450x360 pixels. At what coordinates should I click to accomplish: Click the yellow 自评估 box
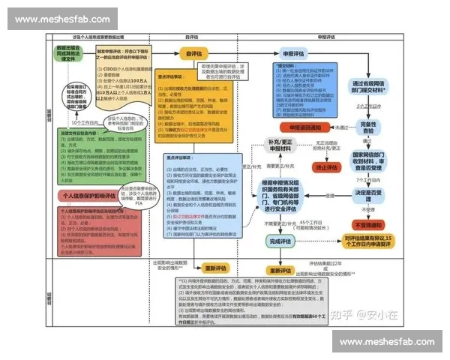click(193, 53)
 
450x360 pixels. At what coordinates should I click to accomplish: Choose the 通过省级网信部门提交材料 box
click(369, 88)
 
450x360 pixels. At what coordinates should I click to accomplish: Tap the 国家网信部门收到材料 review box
click(369, 161)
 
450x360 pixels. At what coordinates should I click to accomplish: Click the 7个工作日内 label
click(369, 180)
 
